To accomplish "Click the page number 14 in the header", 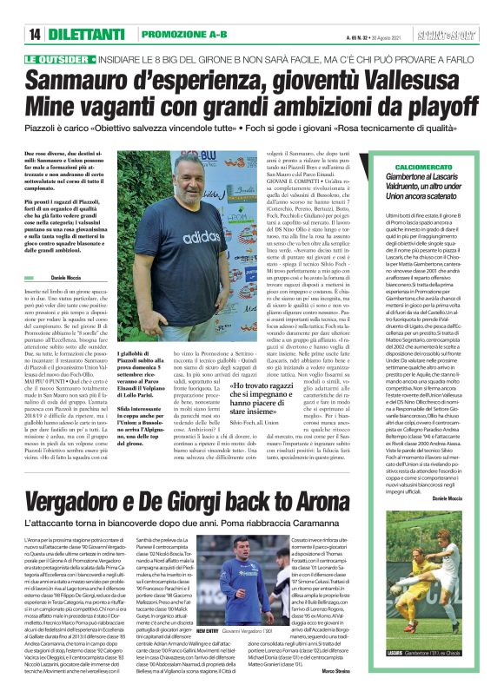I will (34, 33).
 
